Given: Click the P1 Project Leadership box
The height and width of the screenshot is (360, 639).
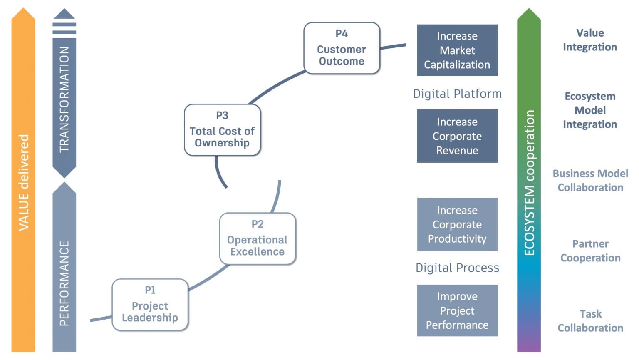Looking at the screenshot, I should tap(150, 305).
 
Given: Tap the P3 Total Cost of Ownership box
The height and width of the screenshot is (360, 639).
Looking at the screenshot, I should tap(222, 130).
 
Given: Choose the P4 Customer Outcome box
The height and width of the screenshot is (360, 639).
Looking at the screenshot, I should tap(342, 48).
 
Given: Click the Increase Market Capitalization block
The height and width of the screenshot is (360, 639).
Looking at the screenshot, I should tap(457, 50).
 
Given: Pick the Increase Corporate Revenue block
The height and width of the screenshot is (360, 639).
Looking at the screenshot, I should tap(457, 136).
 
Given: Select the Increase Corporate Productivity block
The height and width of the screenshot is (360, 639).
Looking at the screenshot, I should tap(457, 224).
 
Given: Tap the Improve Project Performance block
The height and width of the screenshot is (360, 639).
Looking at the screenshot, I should tap(457, 310).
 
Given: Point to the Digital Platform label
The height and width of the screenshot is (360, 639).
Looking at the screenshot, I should tap(457, 94).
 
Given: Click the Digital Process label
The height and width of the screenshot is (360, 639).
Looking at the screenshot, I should tap(457, 268).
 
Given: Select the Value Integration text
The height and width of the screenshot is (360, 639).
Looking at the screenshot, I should tap(589, 40).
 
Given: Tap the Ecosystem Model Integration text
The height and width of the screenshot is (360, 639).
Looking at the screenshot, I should tap(589, 110).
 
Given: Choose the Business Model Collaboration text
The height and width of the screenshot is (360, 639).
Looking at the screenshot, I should tap(590, 181).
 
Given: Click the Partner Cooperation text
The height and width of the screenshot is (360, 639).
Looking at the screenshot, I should tap(590, 251).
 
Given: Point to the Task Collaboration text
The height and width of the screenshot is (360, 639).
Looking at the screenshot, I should tap(590, 321).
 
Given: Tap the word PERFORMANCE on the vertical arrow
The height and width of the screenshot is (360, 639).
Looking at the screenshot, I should tap(64, 283).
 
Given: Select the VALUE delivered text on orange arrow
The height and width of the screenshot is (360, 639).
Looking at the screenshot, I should tap(24, 182).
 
